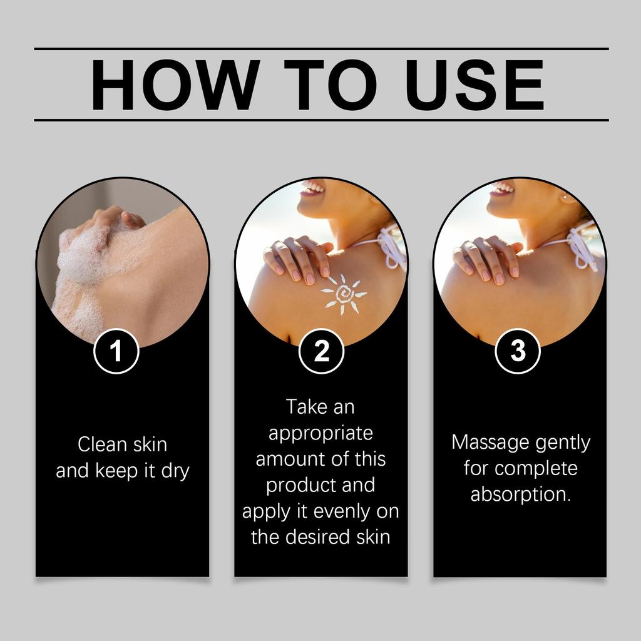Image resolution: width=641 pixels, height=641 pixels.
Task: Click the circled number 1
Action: (x=116, y=351)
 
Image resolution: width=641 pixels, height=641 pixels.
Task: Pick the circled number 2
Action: (x=322, y=351)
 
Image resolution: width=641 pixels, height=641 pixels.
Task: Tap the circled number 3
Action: (x=518, y=351)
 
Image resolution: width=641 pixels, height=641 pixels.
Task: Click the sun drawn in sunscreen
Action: (x=344, y=294)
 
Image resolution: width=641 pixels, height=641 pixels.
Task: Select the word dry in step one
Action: (x=175, y=471)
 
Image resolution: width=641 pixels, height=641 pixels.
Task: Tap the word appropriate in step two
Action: (x=320, y=433)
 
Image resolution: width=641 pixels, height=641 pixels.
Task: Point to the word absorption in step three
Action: (x=520, y=495)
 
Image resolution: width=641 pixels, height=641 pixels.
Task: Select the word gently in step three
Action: (x=562, y=443)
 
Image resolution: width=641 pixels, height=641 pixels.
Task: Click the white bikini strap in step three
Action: (x=582, y=247)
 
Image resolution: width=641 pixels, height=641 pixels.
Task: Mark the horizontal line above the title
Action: (x=320, y=48)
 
